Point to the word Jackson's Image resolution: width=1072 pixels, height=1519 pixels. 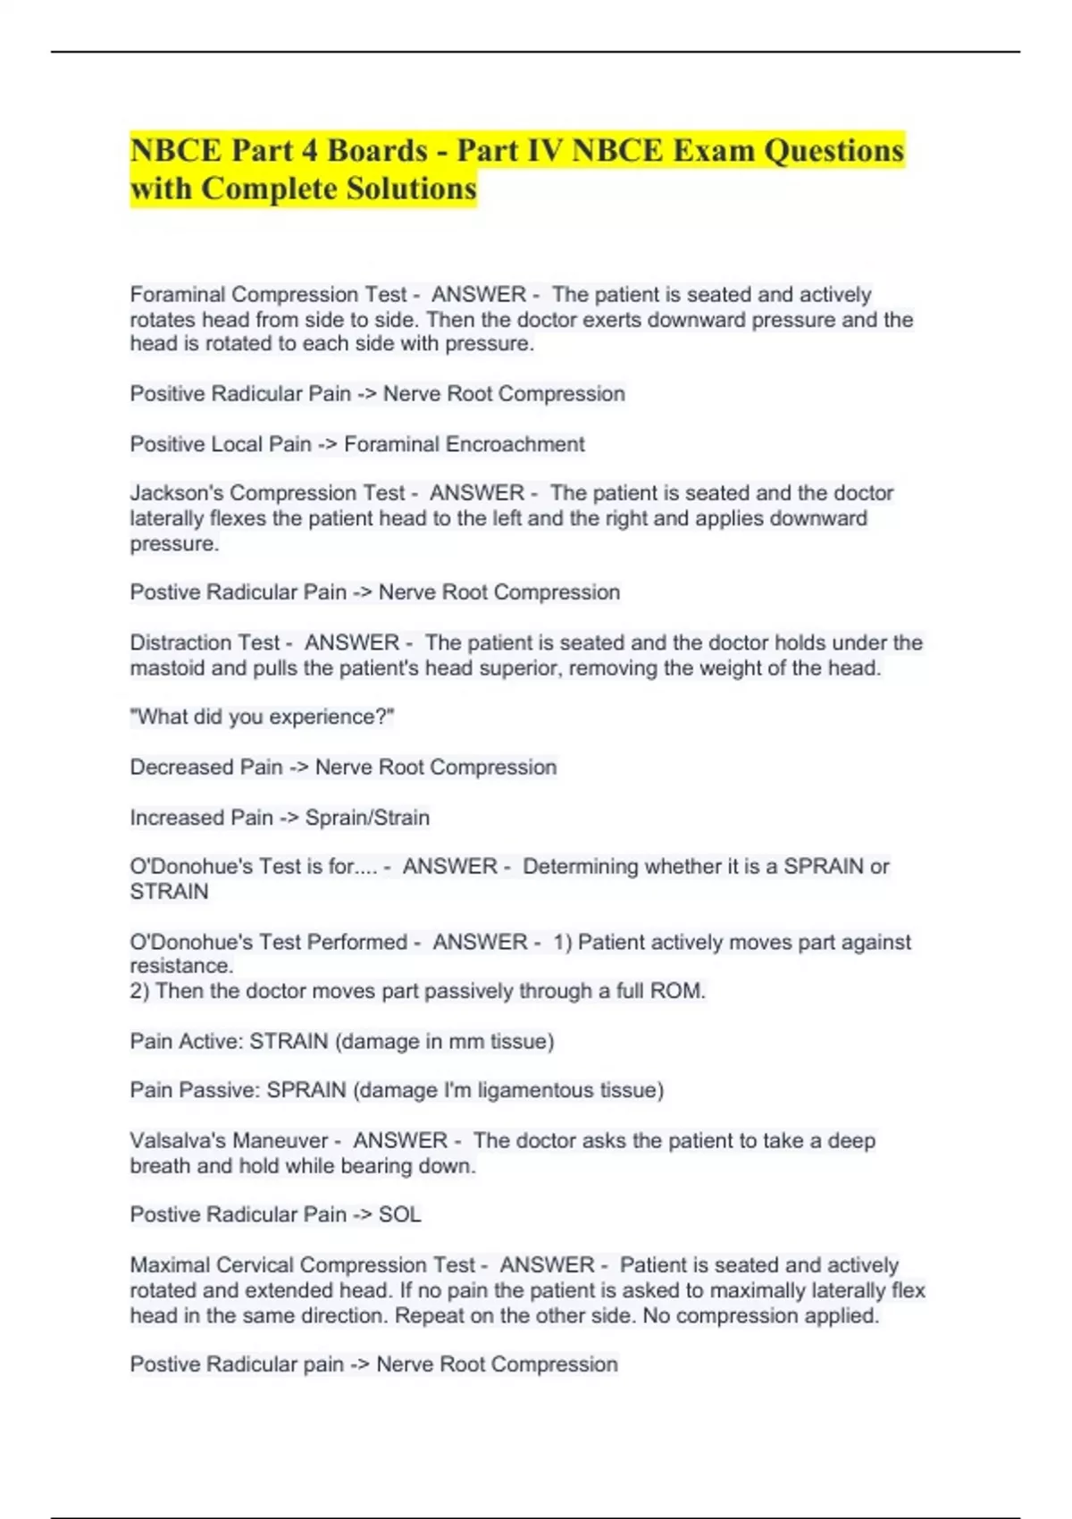click(177, 493)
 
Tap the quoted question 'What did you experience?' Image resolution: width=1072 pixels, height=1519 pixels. click(262, 718)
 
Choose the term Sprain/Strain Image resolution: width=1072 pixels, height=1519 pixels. click(367, 818)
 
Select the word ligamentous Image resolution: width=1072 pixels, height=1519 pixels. click(544, 1090)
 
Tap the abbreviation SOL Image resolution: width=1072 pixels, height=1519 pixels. click(399, 1214)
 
